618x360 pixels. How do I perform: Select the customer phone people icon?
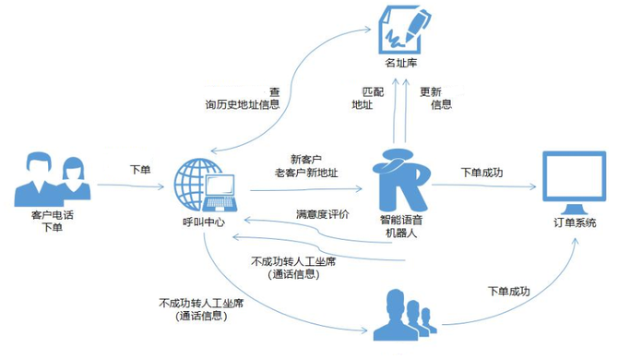53,180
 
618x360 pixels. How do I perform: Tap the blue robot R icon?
400,178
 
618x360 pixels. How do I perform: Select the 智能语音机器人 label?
399,227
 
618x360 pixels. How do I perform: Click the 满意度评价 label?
322,214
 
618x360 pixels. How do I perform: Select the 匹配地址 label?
362,99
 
